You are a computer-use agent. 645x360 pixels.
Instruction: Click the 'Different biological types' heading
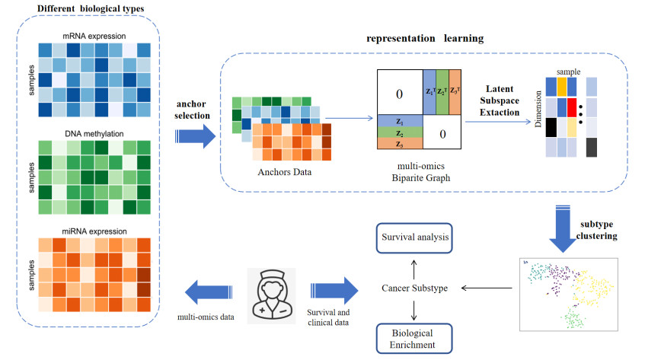(91, 9)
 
